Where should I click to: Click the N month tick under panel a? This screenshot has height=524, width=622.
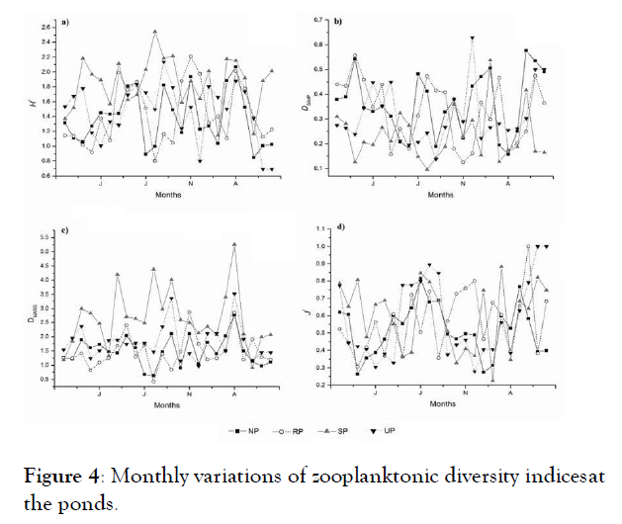(x=190, y=184)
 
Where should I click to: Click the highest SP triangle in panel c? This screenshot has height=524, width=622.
(x=234, y=244)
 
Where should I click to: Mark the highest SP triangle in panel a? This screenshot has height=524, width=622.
(x=154, y=32)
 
